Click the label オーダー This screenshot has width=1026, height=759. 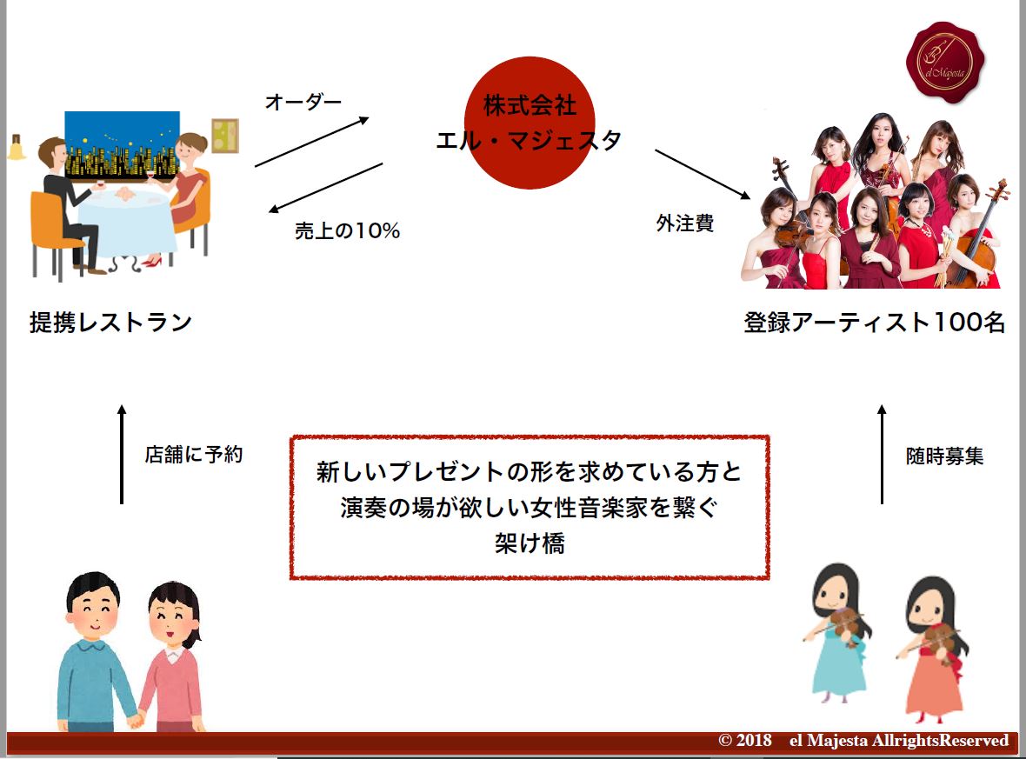(x=303, y=102)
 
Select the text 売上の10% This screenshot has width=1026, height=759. (x=347, y=231)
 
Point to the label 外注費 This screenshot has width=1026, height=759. (x=684, y=223)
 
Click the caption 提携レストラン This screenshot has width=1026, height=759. (x=110, y=323)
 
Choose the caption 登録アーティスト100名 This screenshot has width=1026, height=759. (x=874, y=323)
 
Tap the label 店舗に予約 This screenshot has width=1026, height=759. (x=193, y=454)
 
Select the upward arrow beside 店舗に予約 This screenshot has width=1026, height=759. (x=122, y=453)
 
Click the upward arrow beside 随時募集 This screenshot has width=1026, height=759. (x=882, y=453)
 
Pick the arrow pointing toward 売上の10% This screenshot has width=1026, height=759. (x=326, y=188)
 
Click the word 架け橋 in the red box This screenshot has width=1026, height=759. (x=529, y=544)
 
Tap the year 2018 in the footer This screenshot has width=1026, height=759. (x=753, y=741)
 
